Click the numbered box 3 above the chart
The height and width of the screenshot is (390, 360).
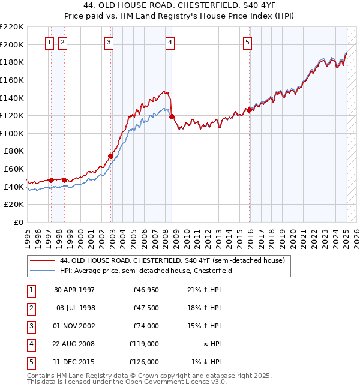(109, 42)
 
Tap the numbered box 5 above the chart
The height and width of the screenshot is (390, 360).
(248, 42)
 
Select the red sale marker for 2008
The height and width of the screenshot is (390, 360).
(172, 116)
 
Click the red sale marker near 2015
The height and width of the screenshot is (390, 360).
(249, 110)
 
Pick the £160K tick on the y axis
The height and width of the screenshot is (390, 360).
(13, 80)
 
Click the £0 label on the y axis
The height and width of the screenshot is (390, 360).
(19, 222)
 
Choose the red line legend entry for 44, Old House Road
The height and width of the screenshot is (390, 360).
(173, 260)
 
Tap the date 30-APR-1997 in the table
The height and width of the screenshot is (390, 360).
(74, 290)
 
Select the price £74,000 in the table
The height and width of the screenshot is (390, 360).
(146, 326)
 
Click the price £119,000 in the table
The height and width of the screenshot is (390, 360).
(145, 344)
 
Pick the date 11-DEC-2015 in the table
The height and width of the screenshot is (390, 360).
(74, 362)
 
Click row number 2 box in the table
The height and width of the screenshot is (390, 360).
(31, 308)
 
